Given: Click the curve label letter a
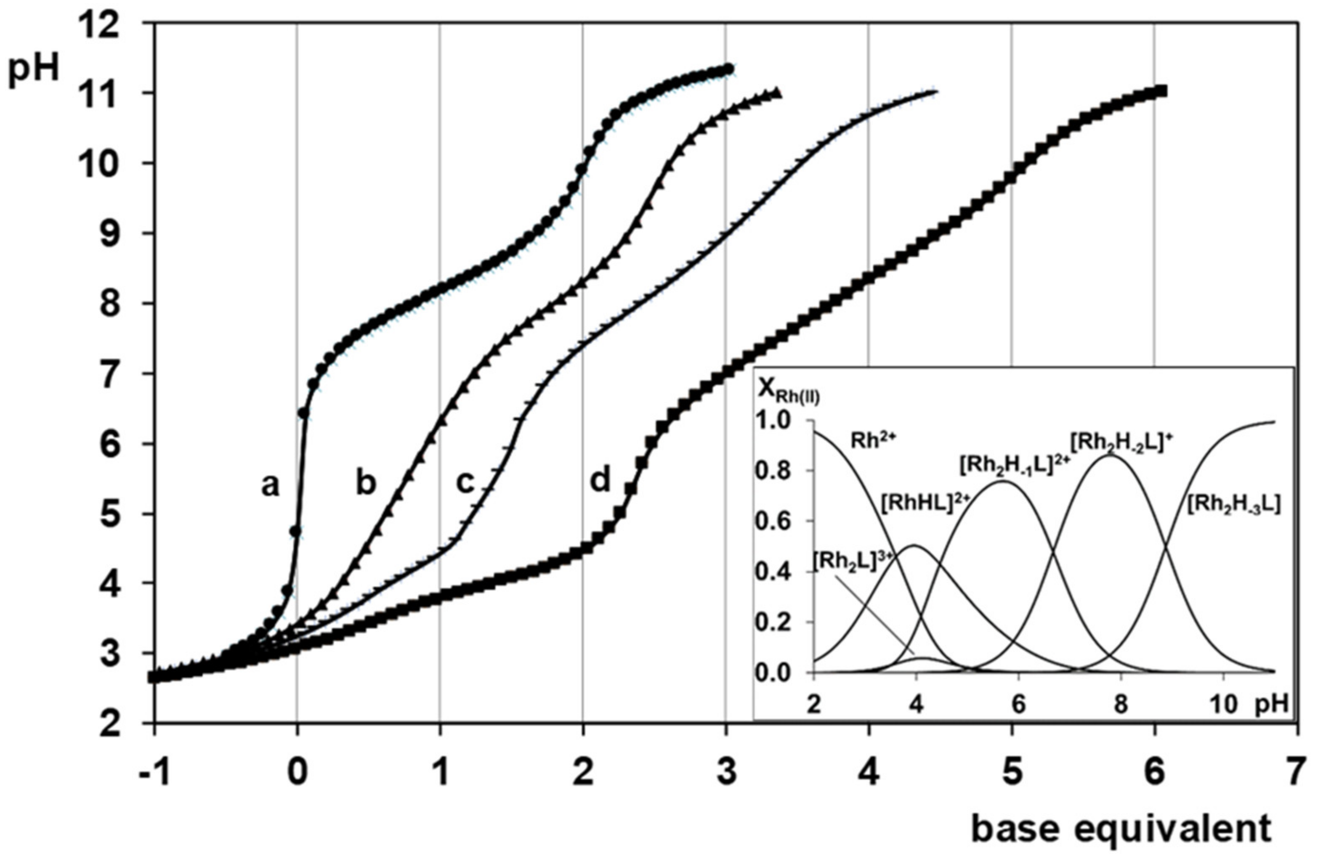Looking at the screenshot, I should click(x=270, y=487).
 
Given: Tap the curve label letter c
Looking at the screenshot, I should click(x=465, y=483).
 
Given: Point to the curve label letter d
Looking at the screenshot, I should click(x=600, y=479).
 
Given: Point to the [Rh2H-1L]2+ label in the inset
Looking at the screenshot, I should click(x=1013, y=466).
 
